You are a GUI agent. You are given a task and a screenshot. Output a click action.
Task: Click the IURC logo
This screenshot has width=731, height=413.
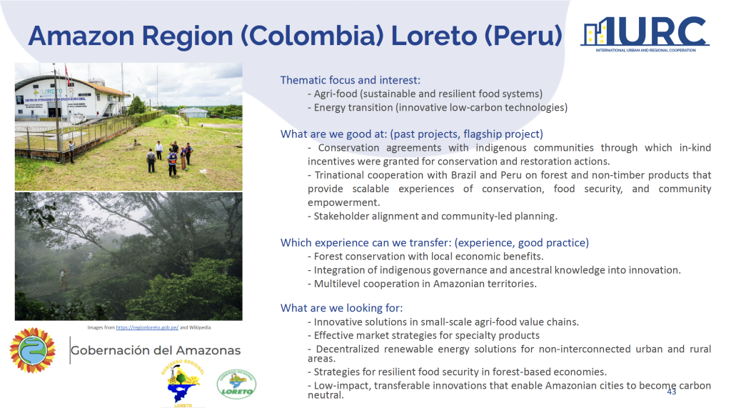[645, 34]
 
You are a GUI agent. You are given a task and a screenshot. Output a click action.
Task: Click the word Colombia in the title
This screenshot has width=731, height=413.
[312, 36]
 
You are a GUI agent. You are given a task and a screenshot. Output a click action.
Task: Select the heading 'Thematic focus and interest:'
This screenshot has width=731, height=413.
[350, 80]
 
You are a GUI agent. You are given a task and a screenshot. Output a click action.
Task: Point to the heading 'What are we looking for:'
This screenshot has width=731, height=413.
[341, 308]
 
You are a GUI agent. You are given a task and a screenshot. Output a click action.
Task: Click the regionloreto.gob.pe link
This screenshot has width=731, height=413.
[147, 327]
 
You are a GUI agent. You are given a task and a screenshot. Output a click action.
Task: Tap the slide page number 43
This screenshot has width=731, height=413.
[671, 392]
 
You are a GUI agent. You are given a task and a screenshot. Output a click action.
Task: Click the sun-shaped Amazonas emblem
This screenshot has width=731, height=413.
[32, 350]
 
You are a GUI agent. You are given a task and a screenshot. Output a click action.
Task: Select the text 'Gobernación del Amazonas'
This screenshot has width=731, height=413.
[156, 350]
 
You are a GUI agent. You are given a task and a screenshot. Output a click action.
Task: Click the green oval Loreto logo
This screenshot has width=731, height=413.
[236, 384]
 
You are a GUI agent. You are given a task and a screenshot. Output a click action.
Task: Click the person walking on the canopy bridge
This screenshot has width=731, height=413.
[64, 279]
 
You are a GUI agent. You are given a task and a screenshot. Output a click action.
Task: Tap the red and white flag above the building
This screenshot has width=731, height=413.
[67, 74]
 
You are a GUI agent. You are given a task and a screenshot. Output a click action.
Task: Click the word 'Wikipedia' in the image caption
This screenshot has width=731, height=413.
[200, 327]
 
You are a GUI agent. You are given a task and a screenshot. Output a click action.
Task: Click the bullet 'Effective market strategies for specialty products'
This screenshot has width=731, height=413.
[423, 336]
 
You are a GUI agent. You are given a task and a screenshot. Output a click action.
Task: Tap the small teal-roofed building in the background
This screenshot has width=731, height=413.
[193, 112]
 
